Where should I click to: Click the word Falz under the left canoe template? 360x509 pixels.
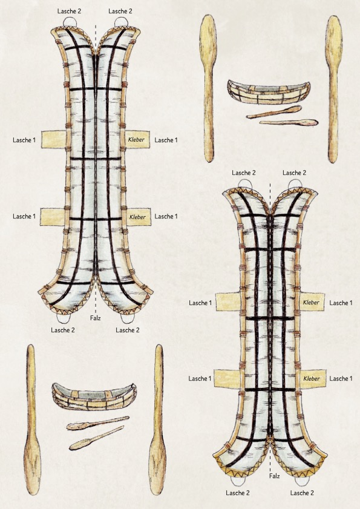tap(96, 318)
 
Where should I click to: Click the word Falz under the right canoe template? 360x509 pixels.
tap(274, 476)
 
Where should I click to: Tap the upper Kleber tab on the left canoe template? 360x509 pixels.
tap(137, 140)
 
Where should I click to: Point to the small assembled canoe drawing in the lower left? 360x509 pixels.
tap(94, 396)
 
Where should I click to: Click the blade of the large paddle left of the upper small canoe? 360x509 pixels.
tap(208, 39)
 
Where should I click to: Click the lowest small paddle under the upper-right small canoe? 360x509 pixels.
tap(289, 123)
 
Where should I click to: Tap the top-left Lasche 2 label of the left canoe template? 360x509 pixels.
tap(69, 11)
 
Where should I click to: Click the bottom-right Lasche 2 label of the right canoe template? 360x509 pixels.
tap(302, 493)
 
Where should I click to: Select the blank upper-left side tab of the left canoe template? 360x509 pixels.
tap(54, 139)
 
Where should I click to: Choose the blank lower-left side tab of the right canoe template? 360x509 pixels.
tap(227, 378)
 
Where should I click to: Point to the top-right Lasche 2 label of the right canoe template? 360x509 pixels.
tap(294, 172)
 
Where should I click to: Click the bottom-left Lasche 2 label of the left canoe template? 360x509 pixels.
tap(63, 330)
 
